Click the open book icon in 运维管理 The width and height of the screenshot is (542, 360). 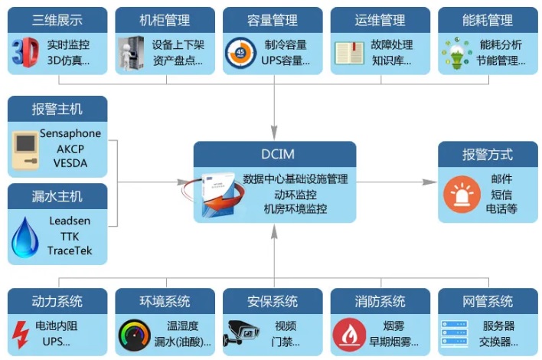349,52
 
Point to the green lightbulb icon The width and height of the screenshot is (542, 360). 457,52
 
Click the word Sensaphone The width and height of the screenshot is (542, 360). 70,133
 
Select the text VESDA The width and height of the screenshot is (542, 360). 70,162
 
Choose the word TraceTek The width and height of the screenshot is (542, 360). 70,250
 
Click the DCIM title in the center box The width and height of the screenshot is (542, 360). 274,153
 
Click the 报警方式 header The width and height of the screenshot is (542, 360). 488,154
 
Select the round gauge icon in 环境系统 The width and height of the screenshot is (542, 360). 133,334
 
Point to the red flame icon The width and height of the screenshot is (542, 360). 348,334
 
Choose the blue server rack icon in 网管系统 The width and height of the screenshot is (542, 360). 457,334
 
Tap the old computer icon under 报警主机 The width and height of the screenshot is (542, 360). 28,149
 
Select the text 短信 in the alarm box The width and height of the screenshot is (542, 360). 501,194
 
